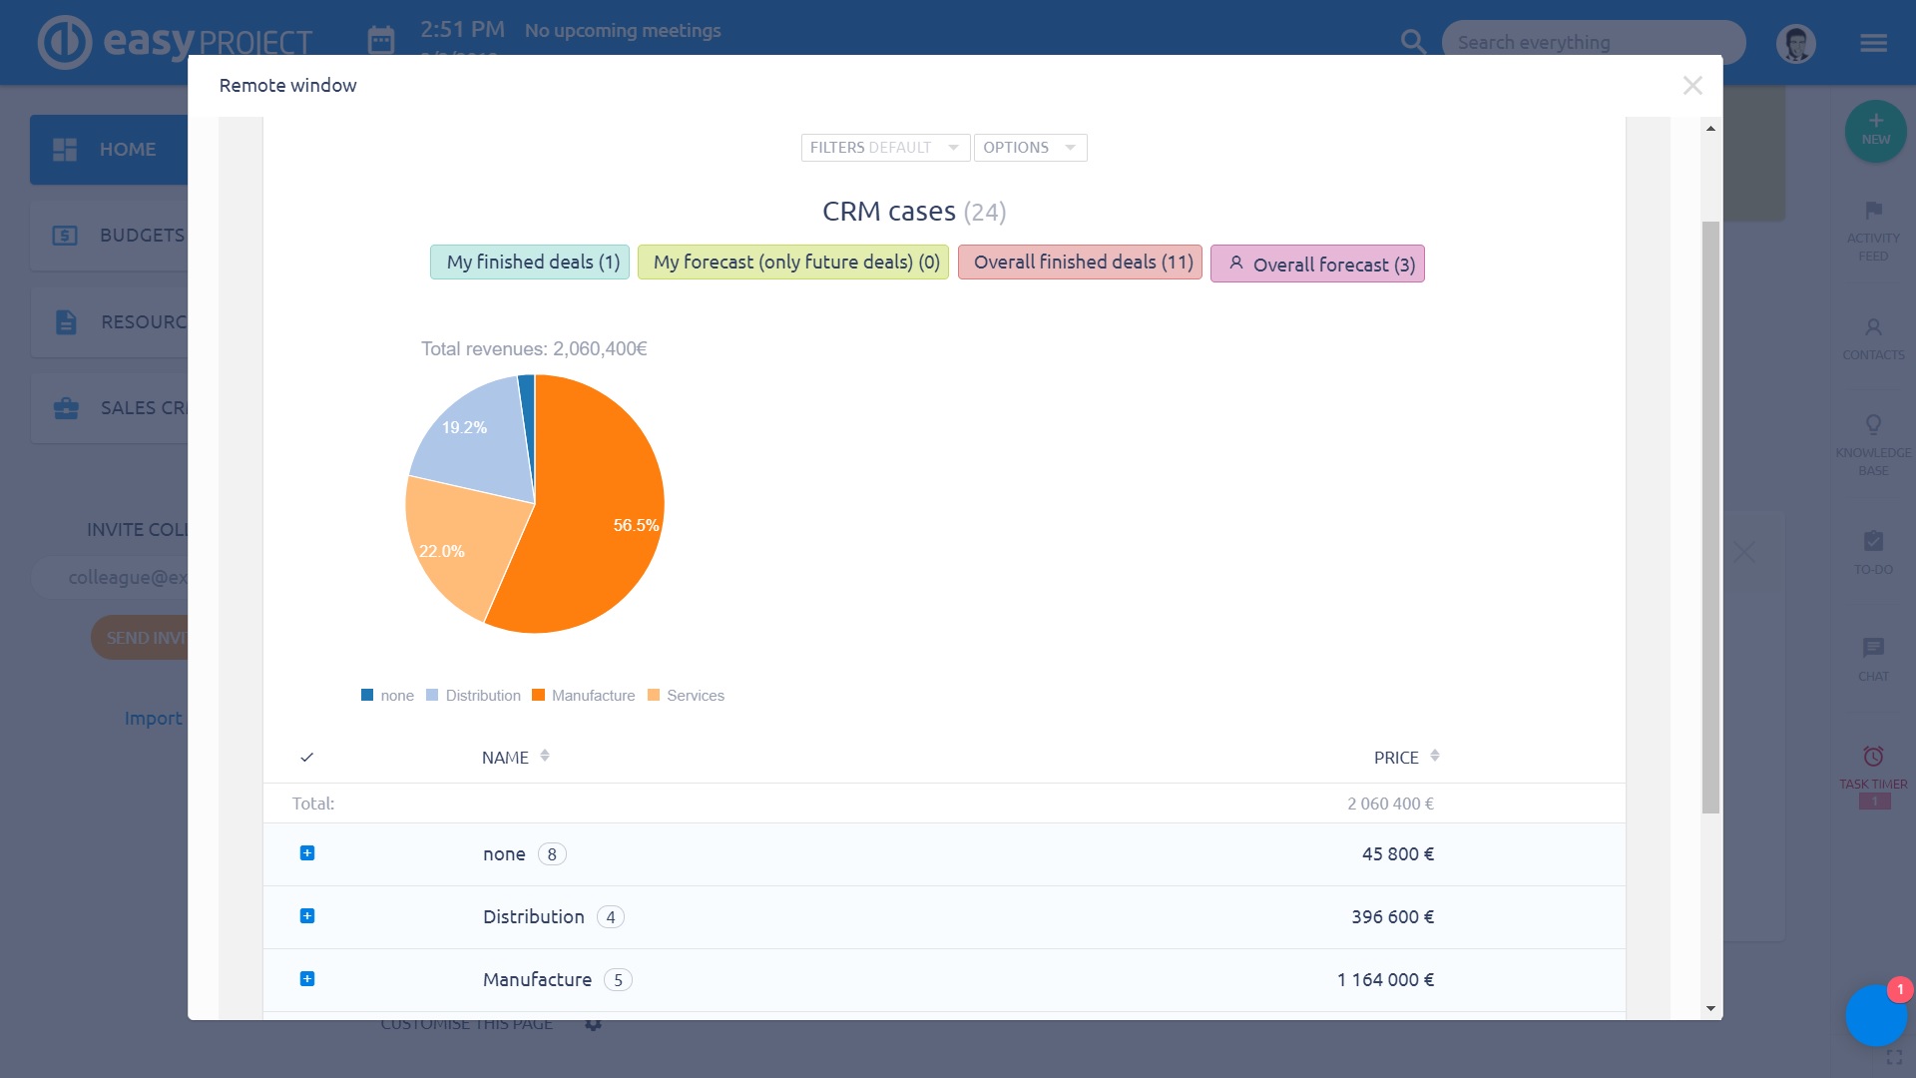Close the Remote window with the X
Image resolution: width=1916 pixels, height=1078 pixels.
click(x=1691, y=86)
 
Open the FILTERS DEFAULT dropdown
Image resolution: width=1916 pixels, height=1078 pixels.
click(x=884, y=148)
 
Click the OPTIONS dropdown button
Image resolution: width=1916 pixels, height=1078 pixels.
click(x=1029, y=148)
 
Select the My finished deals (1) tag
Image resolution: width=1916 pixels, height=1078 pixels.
click(x=530, y=263)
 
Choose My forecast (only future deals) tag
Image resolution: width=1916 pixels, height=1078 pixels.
click(x=793, y=263)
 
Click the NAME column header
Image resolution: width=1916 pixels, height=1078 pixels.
click(x=506, y=758)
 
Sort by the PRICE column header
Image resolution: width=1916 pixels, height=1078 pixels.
click(x=1396, y=758)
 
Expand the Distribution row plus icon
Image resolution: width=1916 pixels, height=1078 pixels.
click(x=307, y=916)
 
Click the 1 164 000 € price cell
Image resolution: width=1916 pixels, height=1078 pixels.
click(x=1385, y=980)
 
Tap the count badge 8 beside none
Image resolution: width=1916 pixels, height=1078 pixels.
click(x=552, y=854)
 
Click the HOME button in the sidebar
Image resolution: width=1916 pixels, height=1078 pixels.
click(x=110, y=150)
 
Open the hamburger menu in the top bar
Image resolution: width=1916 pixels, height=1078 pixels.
click(x=1873, y=43)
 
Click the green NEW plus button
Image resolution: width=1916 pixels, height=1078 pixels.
click(x=1875, y=131)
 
